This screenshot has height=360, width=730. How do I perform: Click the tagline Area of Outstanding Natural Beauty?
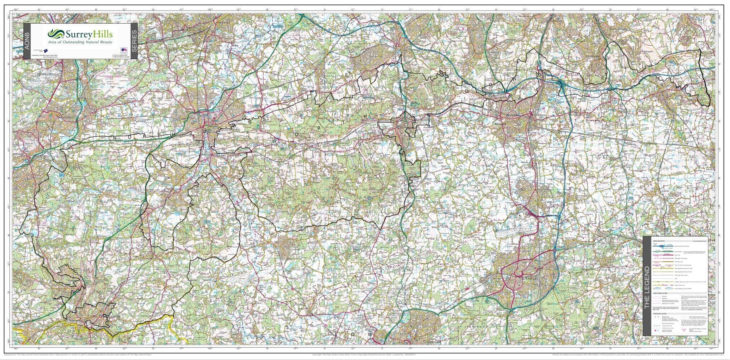pyautogui.click(x=80, y=42)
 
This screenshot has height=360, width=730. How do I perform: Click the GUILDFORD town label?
pyautogui.click(x=231, y=129)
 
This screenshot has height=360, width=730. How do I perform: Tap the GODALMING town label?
pyautogui.click(x=189, y=196)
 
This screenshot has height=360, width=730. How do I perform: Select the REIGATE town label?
pyautogui.click(x=500, y=123)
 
